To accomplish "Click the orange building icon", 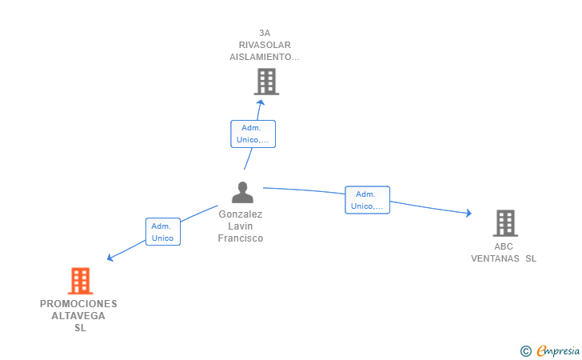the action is [x=80, y=281].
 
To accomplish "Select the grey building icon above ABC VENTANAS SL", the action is [x=505, y=223].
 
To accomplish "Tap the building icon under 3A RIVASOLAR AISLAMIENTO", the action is [x=266, y=82].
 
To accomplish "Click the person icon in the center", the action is [x=242, y=193].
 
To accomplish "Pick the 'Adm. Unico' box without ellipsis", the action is [x=163, y=232].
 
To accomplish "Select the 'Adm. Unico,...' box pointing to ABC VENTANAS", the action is [x=368, y=200].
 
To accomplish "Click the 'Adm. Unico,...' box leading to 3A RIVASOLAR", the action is [x=253, y=134].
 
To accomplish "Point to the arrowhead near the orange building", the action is [x=110, y=257].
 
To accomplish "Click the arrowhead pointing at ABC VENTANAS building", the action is [x=468, y=213].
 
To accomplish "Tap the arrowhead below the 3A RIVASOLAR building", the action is [x=261, y=102].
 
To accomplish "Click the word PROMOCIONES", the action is [x=78, y=304].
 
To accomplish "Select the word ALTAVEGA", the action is [x=78, y=316].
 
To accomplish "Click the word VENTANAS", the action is [x=495, y=258].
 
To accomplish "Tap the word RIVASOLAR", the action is [x=265, y=45].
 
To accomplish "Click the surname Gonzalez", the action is [x=241, y=214].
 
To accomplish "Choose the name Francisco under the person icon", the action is [x=241, y=238].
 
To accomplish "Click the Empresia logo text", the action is [x=558, y=350].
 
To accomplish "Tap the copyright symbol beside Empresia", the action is [x=526, y=351].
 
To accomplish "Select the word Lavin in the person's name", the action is [x=241, y=226].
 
